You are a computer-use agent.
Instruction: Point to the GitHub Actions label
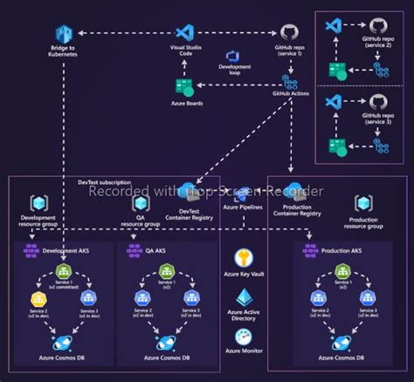(x=292, y=92)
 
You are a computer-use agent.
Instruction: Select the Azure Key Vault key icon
(x=245, y=258)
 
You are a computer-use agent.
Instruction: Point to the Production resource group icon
(x=362, y=204)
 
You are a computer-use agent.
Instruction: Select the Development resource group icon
(x=38, y=204)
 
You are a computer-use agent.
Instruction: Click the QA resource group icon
(x=139, y=204)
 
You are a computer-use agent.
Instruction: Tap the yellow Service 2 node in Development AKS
(x=38, y=299)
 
